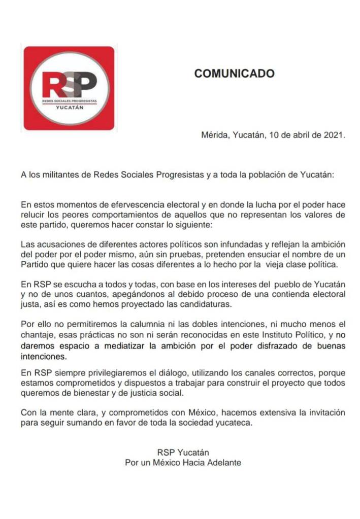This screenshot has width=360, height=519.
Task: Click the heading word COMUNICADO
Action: tap(234, 74)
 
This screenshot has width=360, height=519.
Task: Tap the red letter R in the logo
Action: tap(52, 85)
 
